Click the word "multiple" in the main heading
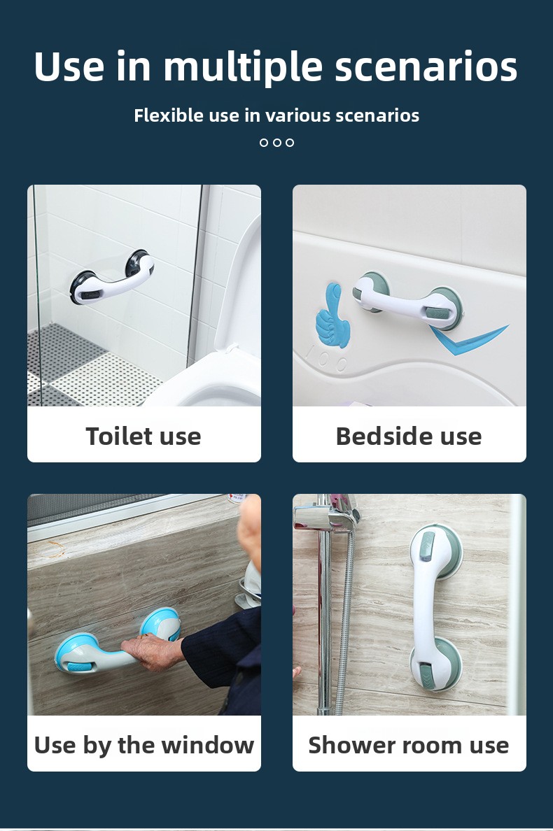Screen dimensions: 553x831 click(244, 67)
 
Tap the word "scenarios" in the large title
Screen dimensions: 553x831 click(426, 68)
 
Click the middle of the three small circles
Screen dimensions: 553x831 click(276, 142)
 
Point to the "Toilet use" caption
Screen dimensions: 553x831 click(143, 436)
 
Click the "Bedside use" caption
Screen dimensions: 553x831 click(409, 436)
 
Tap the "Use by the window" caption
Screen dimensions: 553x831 click(143, 745)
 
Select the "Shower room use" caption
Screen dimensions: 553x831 click(409, 745)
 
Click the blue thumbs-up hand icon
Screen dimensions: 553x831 click(332, 316)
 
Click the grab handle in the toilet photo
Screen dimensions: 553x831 click(113, 278)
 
